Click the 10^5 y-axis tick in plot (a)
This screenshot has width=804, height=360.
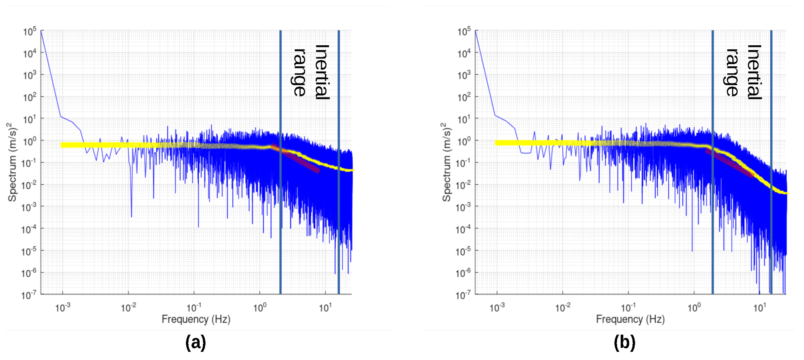[30, 31]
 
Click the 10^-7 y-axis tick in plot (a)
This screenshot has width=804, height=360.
[29, 295]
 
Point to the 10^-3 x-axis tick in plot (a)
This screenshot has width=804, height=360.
[63, 308]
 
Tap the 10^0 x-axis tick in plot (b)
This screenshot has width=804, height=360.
[694, 308]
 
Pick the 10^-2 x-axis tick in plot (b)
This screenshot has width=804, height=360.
[563, 308]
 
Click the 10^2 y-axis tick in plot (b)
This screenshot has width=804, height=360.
[464, 97]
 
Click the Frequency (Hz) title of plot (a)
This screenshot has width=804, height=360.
[196, 319]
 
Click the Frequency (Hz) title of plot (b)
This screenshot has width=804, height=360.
[630, 319]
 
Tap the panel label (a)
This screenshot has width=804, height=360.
[196, 342]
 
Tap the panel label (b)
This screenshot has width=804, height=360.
[624, 342]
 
